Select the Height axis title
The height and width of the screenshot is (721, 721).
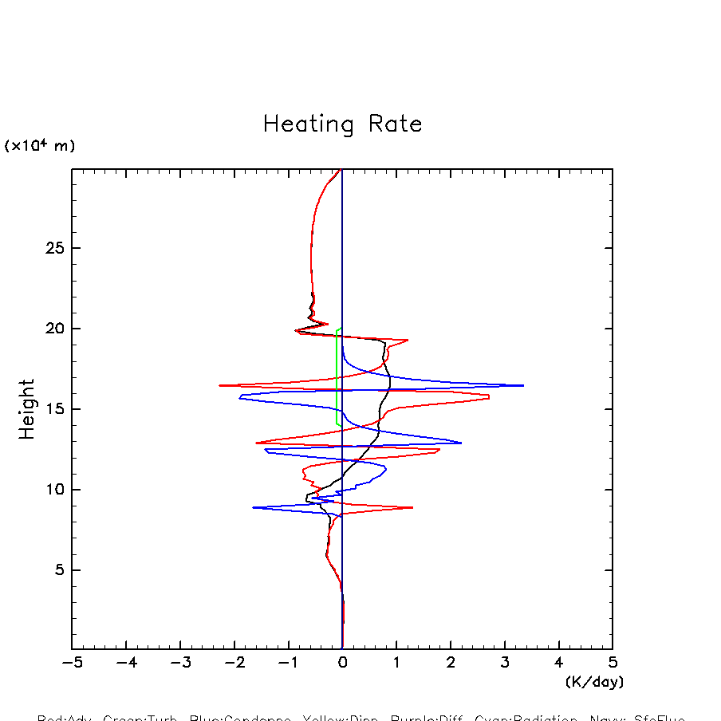pos(27,409)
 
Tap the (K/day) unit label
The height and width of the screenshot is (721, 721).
pos(594,682)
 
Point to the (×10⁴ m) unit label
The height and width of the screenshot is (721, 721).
pos(40,146)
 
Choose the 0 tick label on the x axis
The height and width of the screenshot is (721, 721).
pos(342,663)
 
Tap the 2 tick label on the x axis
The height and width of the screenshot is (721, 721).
pos(451,663)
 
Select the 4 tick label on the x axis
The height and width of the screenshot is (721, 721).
pos(558,663)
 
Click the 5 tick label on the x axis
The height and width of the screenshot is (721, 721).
pos(613,663)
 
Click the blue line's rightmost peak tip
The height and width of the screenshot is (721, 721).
pos(523,385)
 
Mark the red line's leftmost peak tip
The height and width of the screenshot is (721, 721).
pos(219,385)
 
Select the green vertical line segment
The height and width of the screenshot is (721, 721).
pos(337,375)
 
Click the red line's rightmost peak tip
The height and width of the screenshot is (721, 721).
pos(489,396)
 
